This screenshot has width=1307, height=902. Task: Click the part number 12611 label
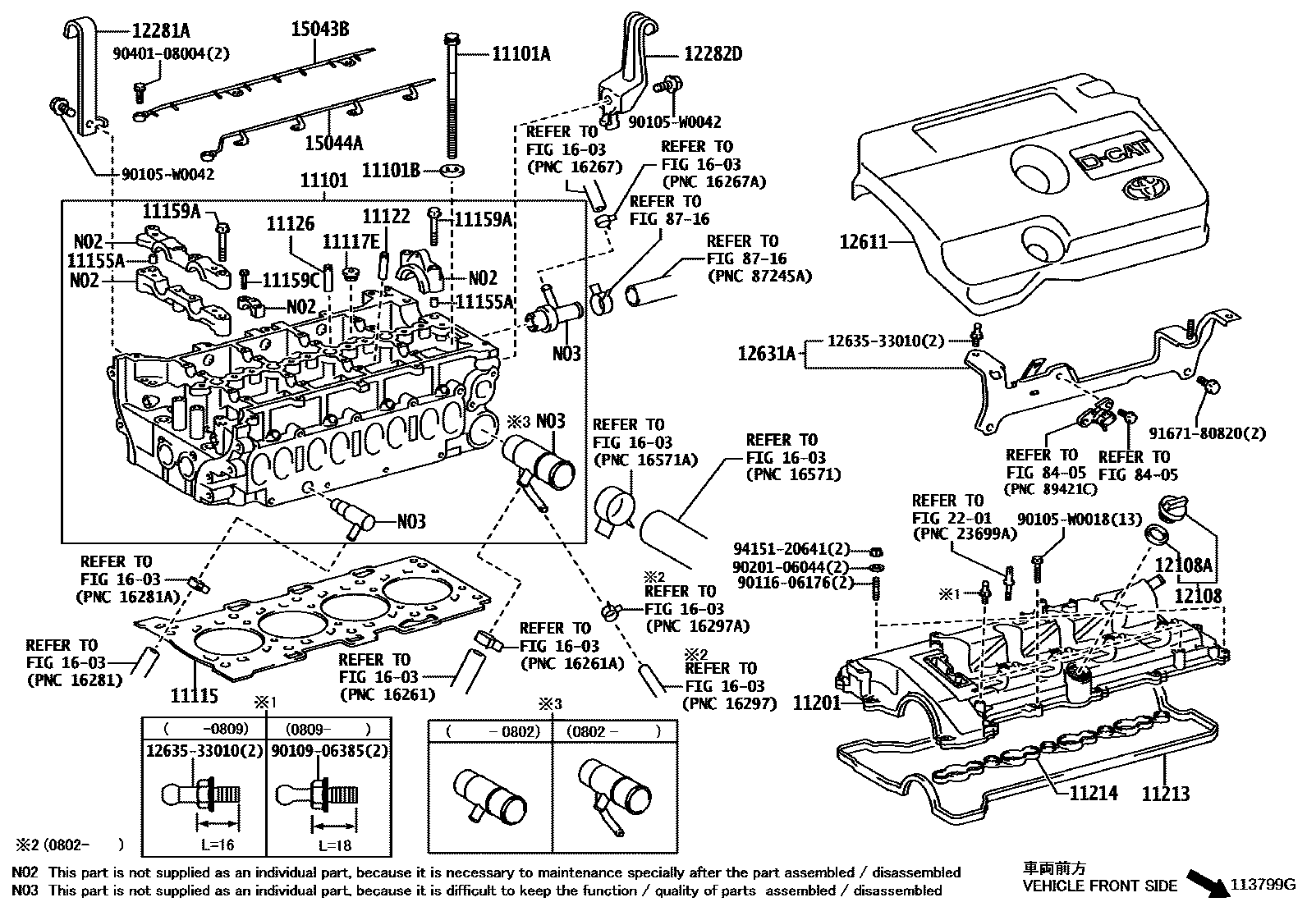point(863,242)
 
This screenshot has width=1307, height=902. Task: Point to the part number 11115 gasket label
point(194,696)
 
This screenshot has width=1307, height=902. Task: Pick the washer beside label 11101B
point(452,171)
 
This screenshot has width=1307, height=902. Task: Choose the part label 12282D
point(713,54)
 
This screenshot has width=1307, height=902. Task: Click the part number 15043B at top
point(320,30)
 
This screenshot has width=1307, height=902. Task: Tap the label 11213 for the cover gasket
point(1165,793)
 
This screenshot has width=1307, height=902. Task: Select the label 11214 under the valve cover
point(1093,793)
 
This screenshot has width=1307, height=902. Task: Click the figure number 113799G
point(1260,884)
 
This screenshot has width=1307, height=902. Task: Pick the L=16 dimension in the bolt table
point(218,844)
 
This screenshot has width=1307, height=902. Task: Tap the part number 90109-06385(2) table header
point(328,750)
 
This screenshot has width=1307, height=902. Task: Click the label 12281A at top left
point(161,31)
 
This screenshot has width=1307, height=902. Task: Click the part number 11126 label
point(290,223)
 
